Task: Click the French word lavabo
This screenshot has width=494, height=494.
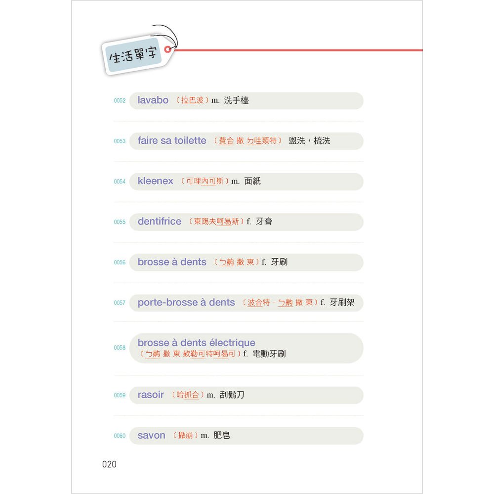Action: coord(153,100)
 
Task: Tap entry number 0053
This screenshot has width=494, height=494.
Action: coord(120,141)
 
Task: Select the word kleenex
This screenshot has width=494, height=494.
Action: coord(156,181)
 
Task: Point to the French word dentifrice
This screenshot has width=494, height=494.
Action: coord(160,222)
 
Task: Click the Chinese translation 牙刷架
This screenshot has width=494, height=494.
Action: coord(342,302)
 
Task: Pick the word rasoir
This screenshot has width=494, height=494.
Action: coord(151,395)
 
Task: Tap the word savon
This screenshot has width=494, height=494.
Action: coord(152,436)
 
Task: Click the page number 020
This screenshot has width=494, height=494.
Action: coord(109,464)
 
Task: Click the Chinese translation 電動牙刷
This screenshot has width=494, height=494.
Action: coord(269,354)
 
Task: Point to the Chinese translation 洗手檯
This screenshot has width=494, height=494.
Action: coord(237,101)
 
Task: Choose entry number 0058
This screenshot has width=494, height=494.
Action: coord(120,348)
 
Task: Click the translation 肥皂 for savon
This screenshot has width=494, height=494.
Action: coord(222,436)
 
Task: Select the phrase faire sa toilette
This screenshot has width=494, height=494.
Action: coord(172,141)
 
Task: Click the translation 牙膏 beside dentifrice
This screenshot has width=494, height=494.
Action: coord(264,222)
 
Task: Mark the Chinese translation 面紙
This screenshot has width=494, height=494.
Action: coord(252,181)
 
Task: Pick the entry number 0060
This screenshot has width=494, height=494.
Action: coord(120,436)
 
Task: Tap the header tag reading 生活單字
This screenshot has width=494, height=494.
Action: coord(133,54)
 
